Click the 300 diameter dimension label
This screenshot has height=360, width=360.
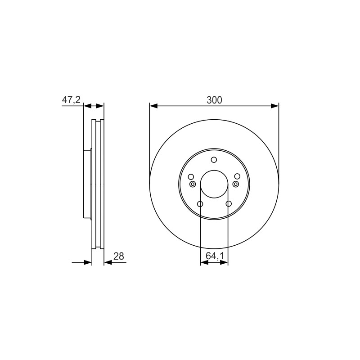pos(214,100)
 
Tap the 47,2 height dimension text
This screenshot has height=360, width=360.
pos(72,99)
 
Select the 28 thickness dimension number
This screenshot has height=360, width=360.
pos(119,256)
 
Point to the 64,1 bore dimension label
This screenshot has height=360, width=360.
pos(215,256)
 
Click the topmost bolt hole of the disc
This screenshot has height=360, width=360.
pos(214,160)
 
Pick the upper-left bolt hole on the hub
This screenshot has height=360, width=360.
pos(191,176)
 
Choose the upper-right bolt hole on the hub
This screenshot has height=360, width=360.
pos(237,176)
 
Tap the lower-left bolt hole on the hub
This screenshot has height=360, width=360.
pos(200,204)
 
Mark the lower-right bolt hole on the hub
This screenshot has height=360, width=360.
pos(229,204)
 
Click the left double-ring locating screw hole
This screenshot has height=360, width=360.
pos(193,184)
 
